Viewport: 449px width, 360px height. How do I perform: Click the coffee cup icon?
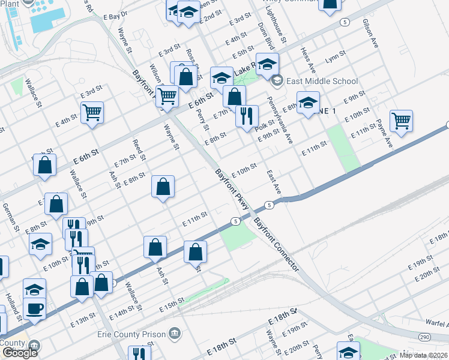(34, 308)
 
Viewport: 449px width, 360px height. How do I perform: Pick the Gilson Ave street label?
(370, 34)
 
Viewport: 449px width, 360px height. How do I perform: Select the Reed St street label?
(139, 150)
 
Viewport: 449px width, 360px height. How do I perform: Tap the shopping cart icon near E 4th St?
(92, 112)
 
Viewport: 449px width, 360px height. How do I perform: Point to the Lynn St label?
(335, 58)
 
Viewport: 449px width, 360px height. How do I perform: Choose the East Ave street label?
(274, 181)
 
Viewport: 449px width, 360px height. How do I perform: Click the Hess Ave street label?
(307, 59)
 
